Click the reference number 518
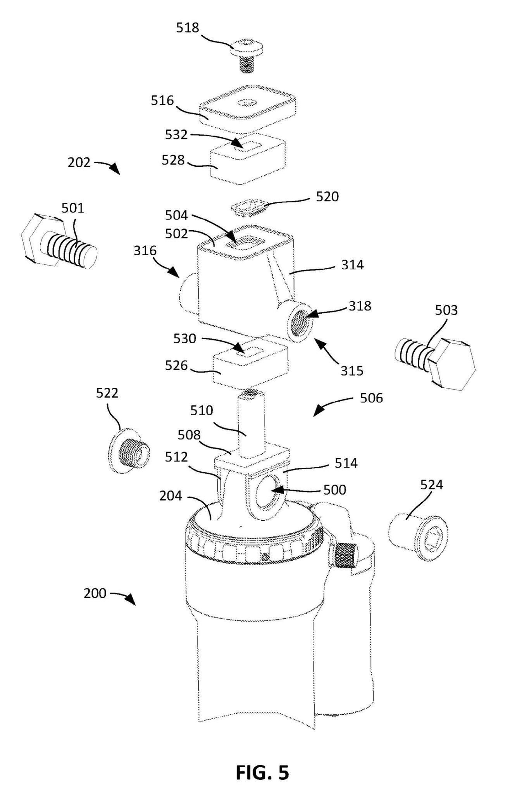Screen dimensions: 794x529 188,28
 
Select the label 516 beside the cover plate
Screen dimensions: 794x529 162,101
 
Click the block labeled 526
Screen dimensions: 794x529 250,366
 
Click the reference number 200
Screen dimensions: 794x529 95,594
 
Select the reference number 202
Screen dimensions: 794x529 79,162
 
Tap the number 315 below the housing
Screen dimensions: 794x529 352,371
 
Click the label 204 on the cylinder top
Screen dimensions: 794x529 171,496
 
